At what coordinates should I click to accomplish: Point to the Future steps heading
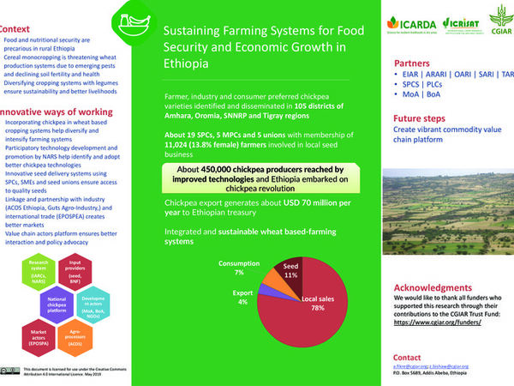(x=424, y=120)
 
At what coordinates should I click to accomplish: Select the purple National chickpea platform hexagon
(x=57, y=303)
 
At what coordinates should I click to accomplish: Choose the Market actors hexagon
(x=39, y=337)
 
